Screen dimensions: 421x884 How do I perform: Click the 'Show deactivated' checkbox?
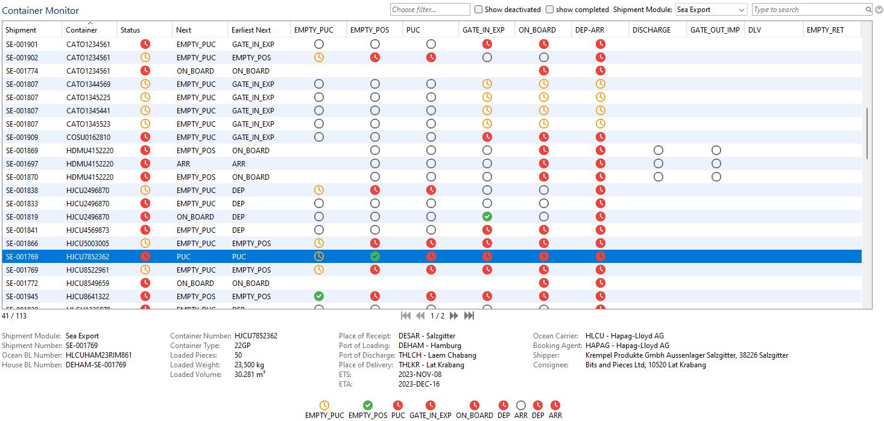click(x=478, y=10)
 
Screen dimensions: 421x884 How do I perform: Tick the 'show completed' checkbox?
click(x=549, y=10)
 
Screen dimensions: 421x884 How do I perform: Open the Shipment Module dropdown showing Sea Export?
click(x=711, y=10)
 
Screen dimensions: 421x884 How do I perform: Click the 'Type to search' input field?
click(x=808, y=10)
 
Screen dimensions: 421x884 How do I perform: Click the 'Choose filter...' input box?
click(x=430, y=10)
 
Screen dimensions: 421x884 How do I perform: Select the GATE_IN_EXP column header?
click(x=484, y=30)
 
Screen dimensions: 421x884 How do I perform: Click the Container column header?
click(x=82, y=30)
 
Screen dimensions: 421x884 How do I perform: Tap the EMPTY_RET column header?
click(x=826, y=30)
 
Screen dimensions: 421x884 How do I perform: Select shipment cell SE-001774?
click(x=22, y=71)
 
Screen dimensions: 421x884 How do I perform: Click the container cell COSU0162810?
click(x=88, y=138)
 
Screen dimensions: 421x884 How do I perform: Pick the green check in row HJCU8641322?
click(x=319, y=296)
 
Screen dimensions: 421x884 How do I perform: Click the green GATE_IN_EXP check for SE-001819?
click(x=487, y=217)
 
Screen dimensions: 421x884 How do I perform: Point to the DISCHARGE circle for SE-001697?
click(x=658, y=163)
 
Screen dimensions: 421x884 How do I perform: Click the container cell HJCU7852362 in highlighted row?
click(x=88, y=257)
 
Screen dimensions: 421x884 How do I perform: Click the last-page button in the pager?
click(x=469, y=315)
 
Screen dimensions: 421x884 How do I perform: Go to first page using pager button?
click(x=406, y=315)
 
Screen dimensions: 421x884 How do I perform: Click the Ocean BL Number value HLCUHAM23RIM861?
click(x=99, y=355)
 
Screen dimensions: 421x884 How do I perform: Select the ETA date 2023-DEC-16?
click(x=419, y=384)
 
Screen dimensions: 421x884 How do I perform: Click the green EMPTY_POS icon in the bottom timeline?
click(x=368, y=405)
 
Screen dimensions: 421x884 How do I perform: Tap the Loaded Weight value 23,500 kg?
click(x=249, y=365)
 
